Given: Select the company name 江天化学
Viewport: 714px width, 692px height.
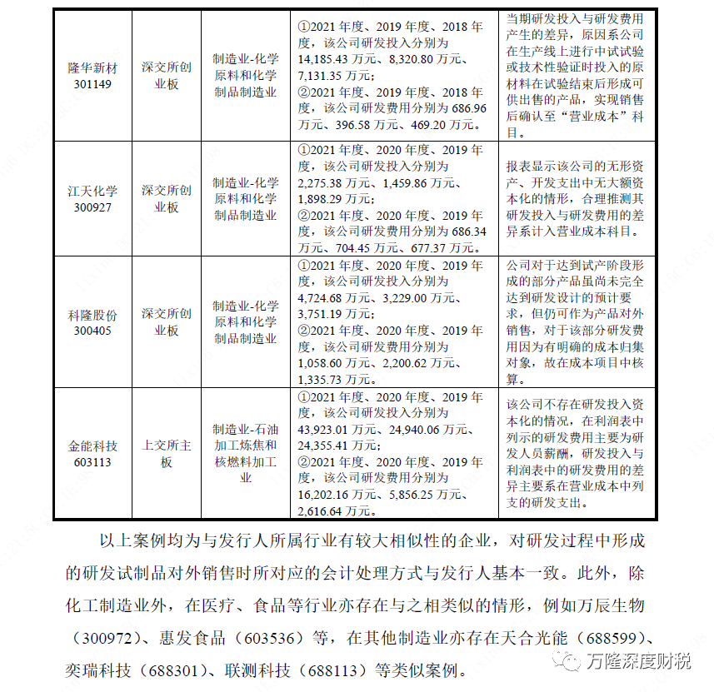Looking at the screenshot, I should tap(92, 191).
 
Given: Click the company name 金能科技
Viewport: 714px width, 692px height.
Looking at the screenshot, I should tap(92, 446).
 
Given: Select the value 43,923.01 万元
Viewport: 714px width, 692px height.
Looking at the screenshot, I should tap(338, 430).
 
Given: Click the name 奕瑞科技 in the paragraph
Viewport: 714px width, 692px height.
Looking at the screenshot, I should tap(98, 670).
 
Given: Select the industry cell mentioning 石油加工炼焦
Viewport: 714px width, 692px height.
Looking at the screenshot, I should tap(244, 454).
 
